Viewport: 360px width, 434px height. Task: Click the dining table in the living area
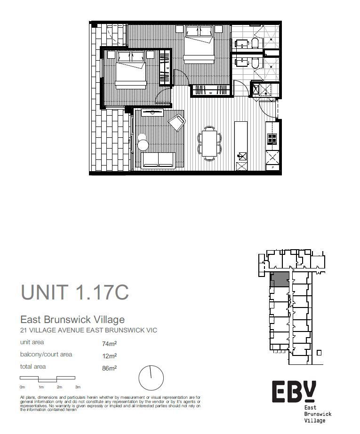(x=209, y=143)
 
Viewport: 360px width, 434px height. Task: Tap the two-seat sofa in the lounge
(x=158, y=160)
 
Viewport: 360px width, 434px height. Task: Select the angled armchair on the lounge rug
(x=177, y=122)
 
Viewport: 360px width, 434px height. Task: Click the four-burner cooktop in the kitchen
(x=272, y=138)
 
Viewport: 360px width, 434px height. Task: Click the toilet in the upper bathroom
(x=255, y=43)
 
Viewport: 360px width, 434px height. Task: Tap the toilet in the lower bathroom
(x=255, y=63)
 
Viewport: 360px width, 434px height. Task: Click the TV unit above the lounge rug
(x=152, y=112)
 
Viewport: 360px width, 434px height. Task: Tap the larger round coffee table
(x=143, y=144)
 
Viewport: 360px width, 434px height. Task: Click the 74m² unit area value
(x=109, y=344)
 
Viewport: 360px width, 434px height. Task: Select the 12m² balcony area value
(x=109, y=356)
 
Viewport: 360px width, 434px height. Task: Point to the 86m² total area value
(x=109, y=368)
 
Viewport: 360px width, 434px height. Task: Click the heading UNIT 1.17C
(x=75, y=292)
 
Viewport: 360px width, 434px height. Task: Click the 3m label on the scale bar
(x=78, y=387)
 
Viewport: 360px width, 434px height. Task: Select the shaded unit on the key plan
(x=280, y=279)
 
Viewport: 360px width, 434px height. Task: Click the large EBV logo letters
(x=294, y=391)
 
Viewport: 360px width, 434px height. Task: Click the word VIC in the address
(x=151, y=330)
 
